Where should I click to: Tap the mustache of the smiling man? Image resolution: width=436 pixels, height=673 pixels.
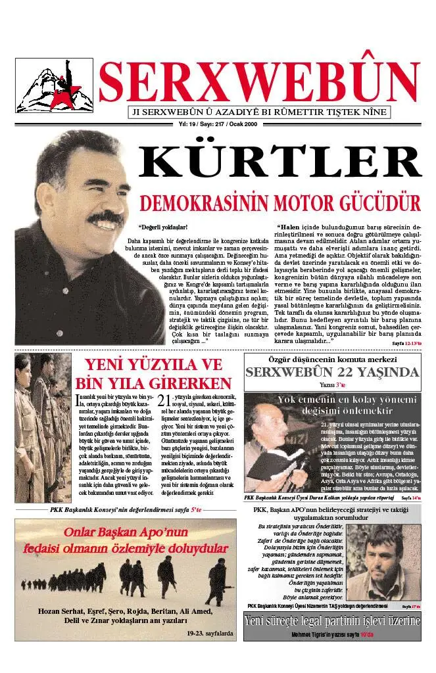click(x=106, y=217)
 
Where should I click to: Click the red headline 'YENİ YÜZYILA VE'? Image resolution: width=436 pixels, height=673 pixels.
click(x=154, y=365)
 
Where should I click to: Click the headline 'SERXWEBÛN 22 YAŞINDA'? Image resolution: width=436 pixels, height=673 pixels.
click(x=332, y=373)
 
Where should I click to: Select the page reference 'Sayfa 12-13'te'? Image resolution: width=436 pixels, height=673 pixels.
click(x=406, y=344)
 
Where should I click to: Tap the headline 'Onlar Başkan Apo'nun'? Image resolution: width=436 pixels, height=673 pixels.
click(x=126, y=533)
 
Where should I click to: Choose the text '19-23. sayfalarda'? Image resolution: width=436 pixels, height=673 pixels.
click(x=209, y=634)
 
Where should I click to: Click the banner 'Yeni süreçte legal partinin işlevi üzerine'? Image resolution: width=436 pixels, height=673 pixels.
click(x=332, y=621)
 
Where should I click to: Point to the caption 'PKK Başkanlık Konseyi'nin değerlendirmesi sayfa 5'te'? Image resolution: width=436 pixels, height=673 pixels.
click(x=126, y=509)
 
